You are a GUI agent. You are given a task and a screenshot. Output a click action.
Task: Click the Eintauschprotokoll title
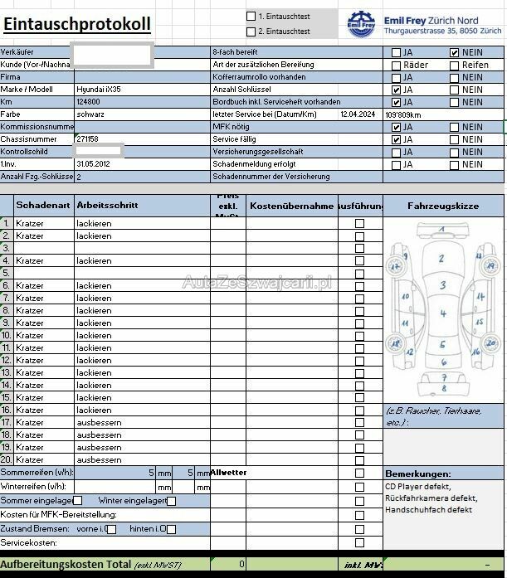[76, 24]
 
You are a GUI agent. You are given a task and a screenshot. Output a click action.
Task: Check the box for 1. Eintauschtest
[251, 16]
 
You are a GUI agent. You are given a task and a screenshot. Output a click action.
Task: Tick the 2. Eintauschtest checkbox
[251, 32]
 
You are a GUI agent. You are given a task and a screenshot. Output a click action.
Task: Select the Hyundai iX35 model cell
[99, 89]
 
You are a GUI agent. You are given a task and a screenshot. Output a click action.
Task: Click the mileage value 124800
[88, 101]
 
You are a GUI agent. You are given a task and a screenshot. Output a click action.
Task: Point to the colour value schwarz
[90, 114]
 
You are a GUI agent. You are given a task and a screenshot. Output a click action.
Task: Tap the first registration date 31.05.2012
[92, 163]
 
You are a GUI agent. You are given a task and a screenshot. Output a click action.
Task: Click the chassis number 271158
[87, 138]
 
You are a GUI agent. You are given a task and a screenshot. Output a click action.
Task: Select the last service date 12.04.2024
[358, 114]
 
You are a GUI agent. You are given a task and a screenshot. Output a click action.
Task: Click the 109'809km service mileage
[403, 114]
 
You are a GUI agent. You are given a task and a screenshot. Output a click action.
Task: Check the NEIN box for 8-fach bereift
[454, 52]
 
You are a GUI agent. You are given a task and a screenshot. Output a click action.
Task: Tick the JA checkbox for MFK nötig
[396, 127]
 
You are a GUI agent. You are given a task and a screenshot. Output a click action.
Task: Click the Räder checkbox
[396, 65]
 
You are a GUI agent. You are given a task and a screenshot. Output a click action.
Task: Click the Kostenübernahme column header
[291, 205]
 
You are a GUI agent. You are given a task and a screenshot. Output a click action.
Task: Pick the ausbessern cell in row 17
[99, 422]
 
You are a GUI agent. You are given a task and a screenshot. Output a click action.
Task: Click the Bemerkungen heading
[417, 473]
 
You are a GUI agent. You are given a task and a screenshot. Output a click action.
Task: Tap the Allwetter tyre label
[229, 472]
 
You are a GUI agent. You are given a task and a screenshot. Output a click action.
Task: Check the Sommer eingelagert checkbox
[77, 500]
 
